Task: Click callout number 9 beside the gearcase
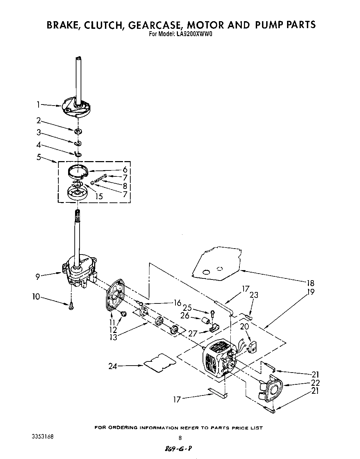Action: coord(38,277)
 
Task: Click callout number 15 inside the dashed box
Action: coord(99,196)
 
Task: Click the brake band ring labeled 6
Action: coord(77,170)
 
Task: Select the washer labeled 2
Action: coord(78,131)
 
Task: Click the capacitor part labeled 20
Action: coord(253,346)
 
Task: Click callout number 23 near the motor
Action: coord(254,295)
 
